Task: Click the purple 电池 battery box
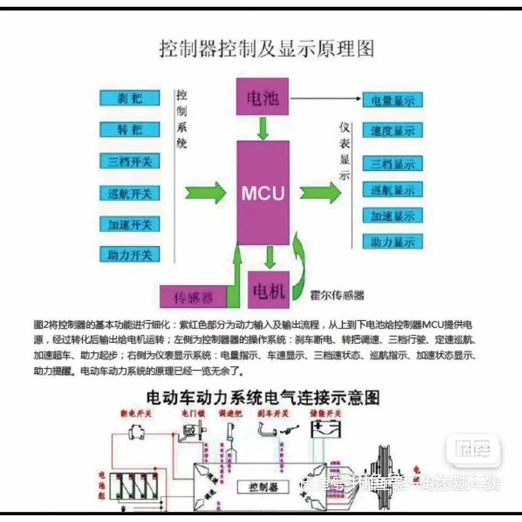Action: [263, 98]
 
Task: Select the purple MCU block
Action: [263, 193]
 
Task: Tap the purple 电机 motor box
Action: [268, 290]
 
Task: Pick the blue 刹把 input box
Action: [130, 98]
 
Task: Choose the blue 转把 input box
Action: [130, 130]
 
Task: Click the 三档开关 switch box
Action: [130, 161]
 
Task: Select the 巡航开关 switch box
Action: [130, 194]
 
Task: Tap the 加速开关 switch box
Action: [130, 224]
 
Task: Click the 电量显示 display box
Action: [392, 101]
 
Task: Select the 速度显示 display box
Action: [392, 131]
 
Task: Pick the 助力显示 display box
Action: [392, 241]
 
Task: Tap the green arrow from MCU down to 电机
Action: [269, 257]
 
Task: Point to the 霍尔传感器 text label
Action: [337, 295]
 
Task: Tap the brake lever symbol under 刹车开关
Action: [267, 429]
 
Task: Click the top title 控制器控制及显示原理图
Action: [267, 49]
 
